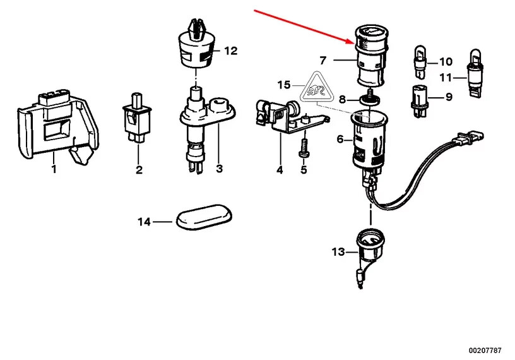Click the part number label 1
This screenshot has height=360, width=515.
pyautogui.click(x=53, y=169)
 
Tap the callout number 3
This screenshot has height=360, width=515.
pyautogui.click(x=219, y=169)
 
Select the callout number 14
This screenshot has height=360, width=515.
pyautogui.click(x=145, y=222)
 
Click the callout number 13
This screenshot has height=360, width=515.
pyautogui.click(x=338, y=252)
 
